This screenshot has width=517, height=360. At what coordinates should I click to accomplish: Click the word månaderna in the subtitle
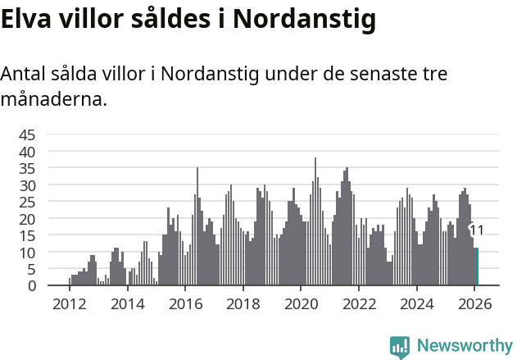click(53, 101)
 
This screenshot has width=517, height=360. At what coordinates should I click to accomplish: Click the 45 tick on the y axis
click(27, 134)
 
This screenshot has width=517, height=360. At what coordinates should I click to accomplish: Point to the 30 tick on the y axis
click(27, 185)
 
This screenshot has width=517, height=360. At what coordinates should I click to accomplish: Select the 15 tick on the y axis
click(27, 235)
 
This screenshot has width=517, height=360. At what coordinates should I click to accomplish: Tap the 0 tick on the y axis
click(31, 285)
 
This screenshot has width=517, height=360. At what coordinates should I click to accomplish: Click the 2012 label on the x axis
click(69, 303)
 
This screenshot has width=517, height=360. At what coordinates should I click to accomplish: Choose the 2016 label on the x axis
click(185, 303)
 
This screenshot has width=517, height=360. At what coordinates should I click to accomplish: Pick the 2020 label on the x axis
click(301, 303)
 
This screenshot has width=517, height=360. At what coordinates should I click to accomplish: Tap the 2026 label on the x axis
click(474, 303)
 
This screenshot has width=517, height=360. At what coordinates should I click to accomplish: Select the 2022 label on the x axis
click(359, 303)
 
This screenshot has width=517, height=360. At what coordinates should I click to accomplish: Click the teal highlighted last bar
click(477, 267)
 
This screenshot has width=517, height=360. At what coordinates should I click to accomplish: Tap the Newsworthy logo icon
click(400, 347)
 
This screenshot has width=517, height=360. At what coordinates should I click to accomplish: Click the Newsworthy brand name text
click(464, 346)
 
